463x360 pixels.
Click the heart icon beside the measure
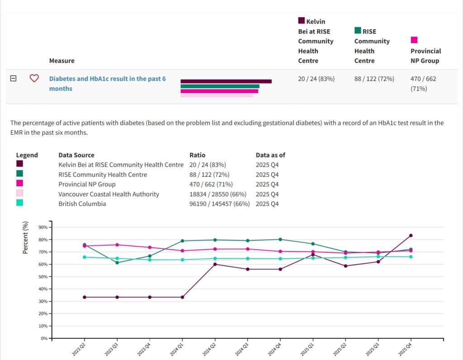tap(34, 78)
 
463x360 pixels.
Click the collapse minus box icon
tap(14, 78)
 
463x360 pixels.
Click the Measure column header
tap(62, 61)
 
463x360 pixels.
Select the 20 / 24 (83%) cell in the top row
tap(316, 79)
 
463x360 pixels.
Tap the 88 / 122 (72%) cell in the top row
tap(374, 79)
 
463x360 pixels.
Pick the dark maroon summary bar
tap(226, 81)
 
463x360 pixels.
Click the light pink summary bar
tap(217, 95)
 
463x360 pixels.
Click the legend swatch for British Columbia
tap(19, 203)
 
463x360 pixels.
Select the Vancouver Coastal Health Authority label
tap(109, 194)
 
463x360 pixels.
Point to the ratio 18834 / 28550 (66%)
tap(218, 194)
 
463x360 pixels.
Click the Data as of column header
tap(270, 155)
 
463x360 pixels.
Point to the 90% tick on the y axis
tap(43, 227)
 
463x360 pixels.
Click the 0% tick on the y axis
tap(44, 338)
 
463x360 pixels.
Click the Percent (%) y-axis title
tap(26, 237)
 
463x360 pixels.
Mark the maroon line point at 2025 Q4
tap(411, 236)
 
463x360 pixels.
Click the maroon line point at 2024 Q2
tap(215, 264)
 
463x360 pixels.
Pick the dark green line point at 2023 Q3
tap(117, 263)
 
